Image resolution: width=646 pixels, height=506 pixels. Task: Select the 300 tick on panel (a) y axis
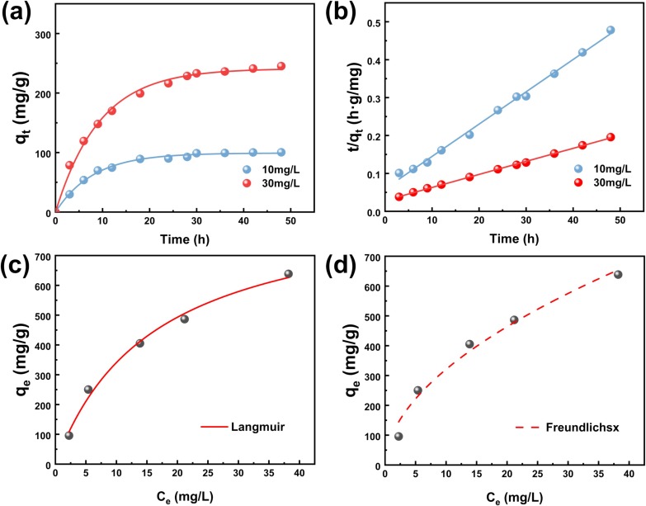(x=40, y=34)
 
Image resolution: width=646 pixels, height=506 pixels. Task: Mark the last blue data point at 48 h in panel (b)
(x=611, y=30)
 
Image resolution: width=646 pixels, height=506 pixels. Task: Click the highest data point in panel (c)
(x=288, y=274)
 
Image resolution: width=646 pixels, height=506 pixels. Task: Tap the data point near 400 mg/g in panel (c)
(x=139, y=343)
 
